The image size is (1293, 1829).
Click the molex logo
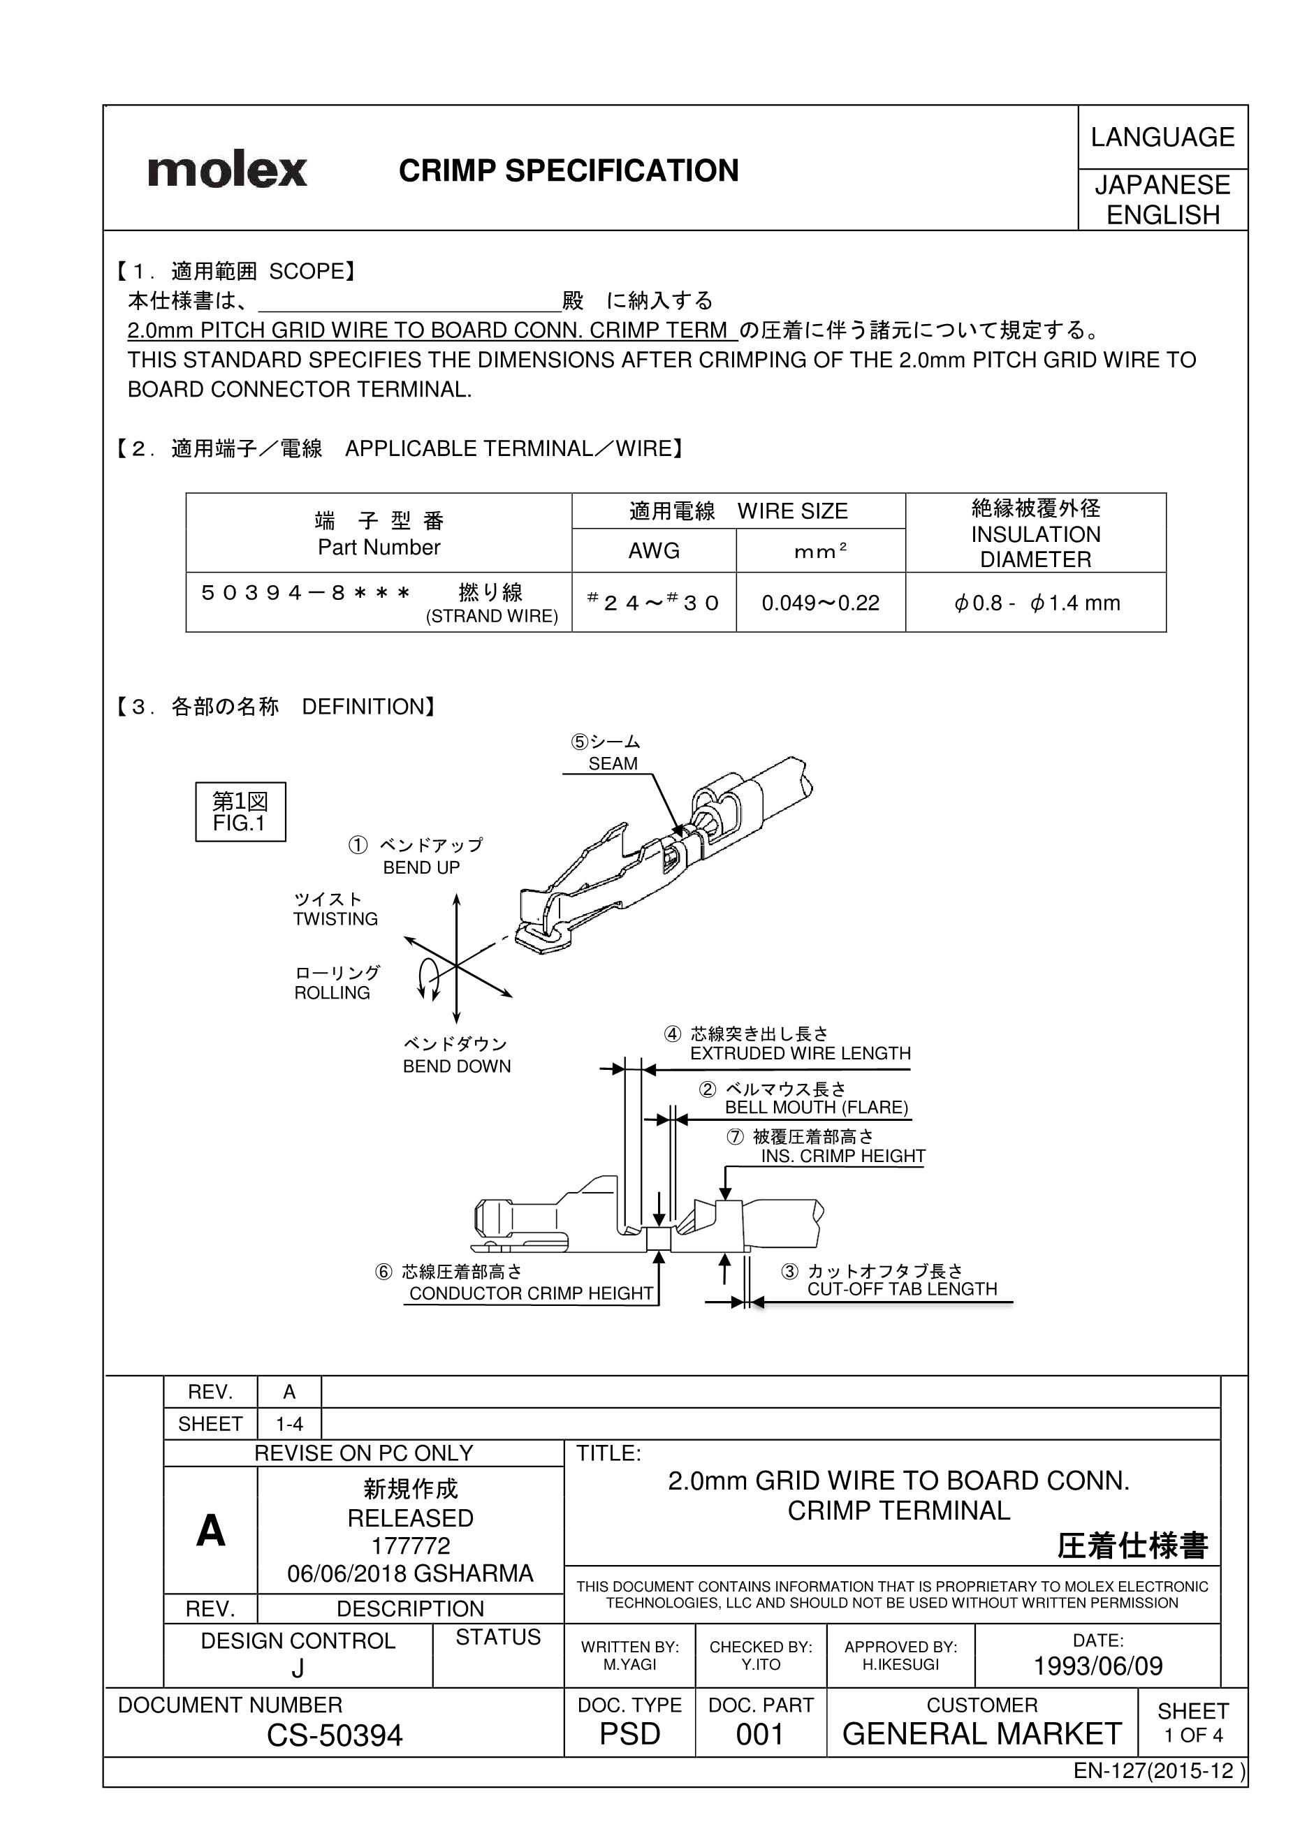227,170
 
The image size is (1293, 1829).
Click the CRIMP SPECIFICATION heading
568,170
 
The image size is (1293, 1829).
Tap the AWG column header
653,550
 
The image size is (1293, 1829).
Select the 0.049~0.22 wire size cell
820,603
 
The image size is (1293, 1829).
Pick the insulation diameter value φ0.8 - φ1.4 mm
1036,603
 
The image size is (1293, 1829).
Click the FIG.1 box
240,811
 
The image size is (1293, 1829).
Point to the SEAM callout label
613,763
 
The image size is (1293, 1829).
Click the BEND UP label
421,867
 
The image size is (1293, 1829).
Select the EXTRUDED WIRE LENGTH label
800,1053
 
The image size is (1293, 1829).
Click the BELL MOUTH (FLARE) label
816,1108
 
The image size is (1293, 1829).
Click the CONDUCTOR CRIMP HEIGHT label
531,1293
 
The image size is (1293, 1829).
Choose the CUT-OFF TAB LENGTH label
902,1289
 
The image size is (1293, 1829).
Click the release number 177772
410,1546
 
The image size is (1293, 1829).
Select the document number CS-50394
335,1736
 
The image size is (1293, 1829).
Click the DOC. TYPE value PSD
629,1734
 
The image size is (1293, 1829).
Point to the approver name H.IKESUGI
900,1665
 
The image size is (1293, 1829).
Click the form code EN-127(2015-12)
1157,1771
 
